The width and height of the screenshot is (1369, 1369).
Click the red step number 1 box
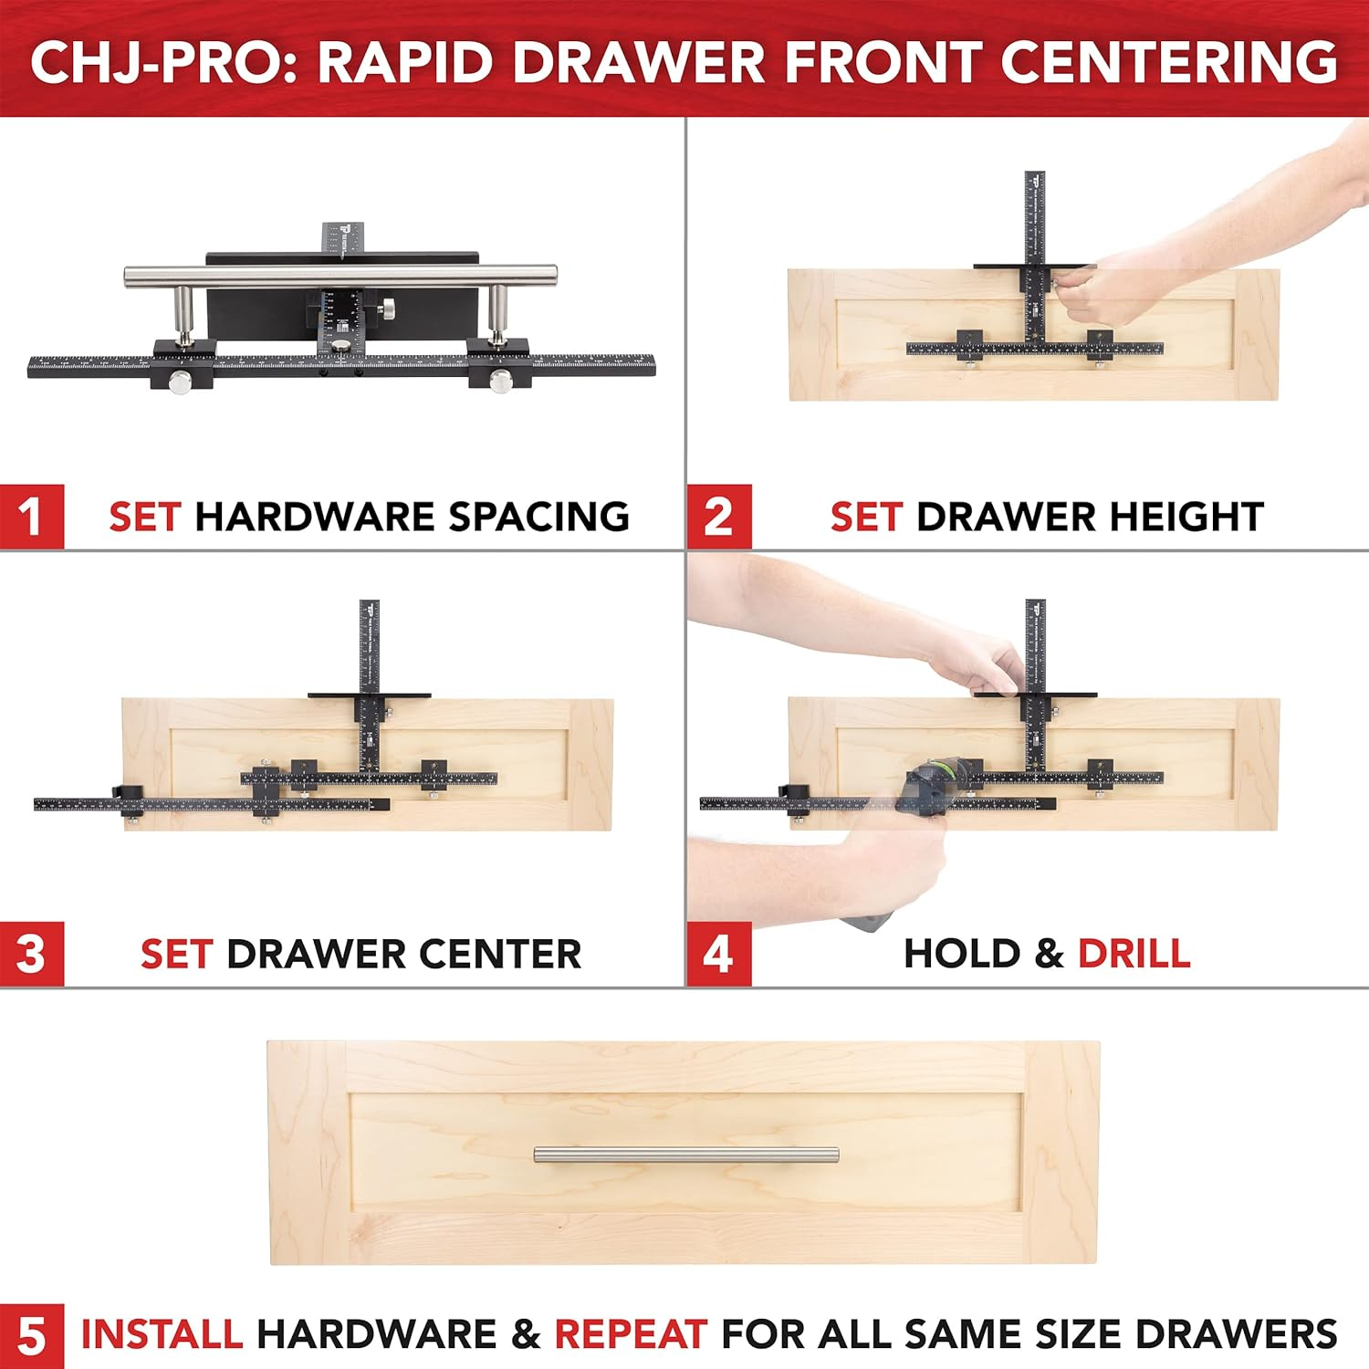pos(32,517)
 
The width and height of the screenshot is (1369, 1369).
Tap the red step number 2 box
pos(718,517)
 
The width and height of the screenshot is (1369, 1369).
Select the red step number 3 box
pos(32,955)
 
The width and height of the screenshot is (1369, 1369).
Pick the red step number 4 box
pos(718,955)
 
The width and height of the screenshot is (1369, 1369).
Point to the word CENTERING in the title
pos(1168,62)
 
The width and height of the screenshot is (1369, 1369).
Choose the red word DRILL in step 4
pos(1134,954)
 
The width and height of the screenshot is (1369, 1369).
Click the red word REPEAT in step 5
pos(631,1334)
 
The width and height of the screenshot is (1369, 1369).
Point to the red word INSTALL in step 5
pos(162,1334)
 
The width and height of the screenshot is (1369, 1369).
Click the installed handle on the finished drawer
pos(685,1155)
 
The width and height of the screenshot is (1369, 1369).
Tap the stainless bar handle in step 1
pos(340,275)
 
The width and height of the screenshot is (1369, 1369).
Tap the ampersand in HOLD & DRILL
pos(1049,955)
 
